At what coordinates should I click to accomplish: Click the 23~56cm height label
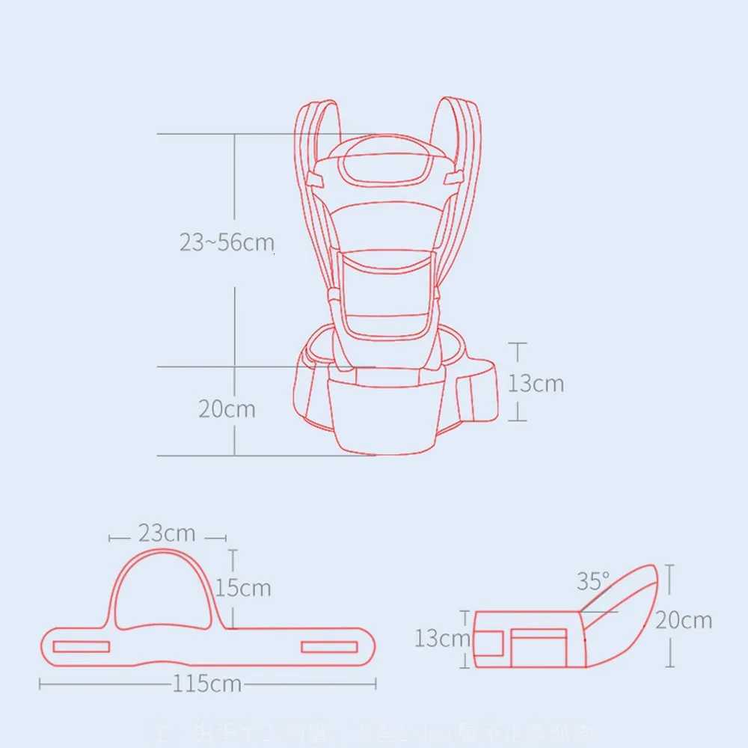point(227,242)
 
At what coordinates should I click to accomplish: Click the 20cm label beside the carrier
point(227,409)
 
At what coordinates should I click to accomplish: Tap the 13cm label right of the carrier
point(536,383)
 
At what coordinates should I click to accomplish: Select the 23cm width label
point(166,533)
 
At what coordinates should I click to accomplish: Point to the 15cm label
point(243,588)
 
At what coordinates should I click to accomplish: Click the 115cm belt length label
point(207,684)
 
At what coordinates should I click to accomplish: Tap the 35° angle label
point(593,580)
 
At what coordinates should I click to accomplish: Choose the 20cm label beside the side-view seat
point(684,620)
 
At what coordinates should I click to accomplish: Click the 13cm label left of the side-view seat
point(442,638)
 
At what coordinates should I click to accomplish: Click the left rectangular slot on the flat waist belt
point(82,646)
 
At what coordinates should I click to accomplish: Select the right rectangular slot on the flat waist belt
point(329,646)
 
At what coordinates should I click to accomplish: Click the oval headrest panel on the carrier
point(380,168)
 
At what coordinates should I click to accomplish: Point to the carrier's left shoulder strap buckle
point(315,180)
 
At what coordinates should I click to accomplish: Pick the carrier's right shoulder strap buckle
point(452,178)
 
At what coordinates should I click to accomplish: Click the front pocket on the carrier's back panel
point(384,292)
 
